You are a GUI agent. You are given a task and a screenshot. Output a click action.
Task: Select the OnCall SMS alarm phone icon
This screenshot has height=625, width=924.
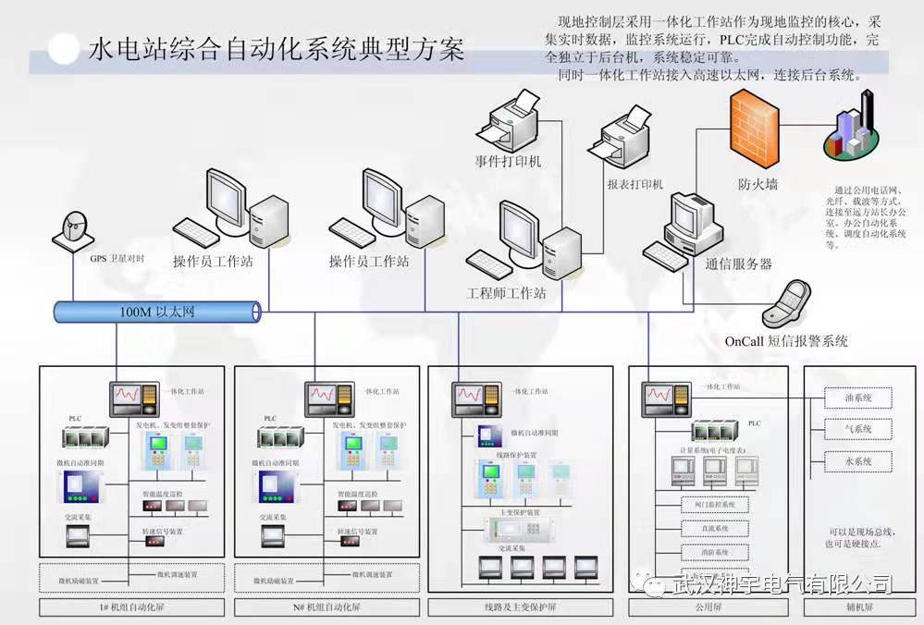[x=796, y=304]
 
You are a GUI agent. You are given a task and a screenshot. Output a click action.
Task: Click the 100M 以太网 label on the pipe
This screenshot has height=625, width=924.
[x=157, y=312]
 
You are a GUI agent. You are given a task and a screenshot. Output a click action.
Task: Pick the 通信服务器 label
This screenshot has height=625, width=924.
[x=738, y=263]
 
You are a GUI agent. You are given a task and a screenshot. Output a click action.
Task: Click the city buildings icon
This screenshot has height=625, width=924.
[x=854, y=135]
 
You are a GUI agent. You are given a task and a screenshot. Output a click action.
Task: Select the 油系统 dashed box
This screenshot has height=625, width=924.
[x=859, y=398]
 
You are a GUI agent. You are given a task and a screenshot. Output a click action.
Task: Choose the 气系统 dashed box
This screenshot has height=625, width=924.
[x=859, y=429]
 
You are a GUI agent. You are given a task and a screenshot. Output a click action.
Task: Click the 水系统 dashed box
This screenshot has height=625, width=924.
[x=859, y=460]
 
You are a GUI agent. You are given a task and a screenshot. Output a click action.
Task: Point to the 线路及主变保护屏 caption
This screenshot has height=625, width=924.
[x=520, y=607]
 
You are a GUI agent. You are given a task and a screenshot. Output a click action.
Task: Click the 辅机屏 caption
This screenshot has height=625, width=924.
[x=859, y=607]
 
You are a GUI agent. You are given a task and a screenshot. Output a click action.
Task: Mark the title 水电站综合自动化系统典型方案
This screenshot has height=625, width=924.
[x=275, y=49]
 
